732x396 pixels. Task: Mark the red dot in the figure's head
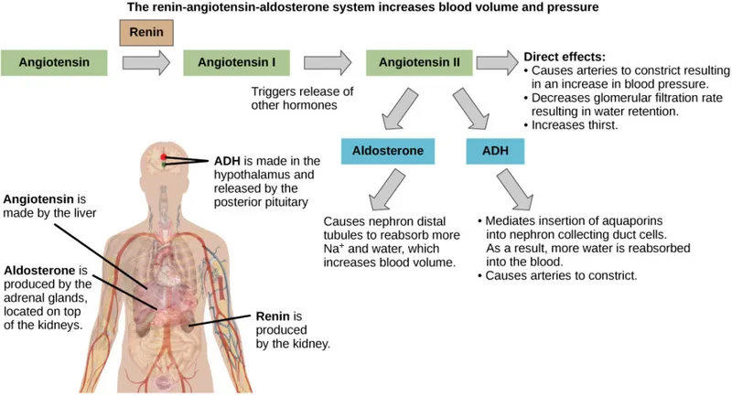click(164, 156)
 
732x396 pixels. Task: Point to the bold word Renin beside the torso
click(272, 317)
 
